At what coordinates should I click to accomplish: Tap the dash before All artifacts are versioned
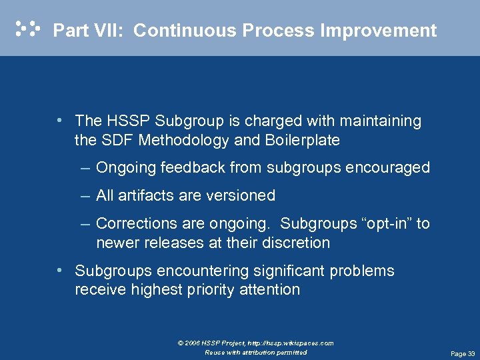pos(85,195)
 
